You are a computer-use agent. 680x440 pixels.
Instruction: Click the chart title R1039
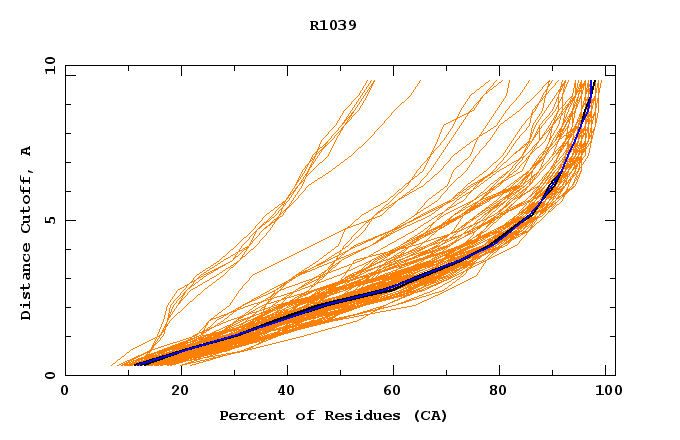(333, 25)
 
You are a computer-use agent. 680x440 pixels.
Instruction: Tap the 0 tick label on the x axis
(65, 392)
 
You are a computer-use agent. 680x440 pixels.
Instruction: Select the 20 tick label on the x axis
(180, 392)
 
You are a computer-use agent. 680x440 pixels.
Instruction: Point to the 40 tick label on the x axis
(286, 392)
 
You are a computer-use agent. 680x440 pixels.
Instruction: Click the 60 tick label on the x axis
(394, 392)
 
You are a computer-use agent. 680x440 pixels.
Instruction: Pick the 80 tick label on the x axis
(502, 392)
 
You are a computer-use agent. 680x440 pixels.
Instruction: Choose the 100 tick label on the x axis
(606, 392)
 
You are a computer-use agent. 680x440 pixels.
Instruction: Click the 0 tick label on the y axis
(50, 375)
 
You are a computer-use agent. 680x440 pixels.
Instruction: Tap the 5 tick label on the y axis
(50, 220)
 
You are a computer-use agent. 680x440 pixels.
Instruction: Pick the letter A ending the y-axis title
(27, 151)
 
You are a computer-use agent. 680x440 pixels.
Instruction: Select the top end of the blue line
(594, 82)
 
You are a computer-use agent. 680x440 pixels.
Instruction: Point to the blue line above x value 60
(394, 289)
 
